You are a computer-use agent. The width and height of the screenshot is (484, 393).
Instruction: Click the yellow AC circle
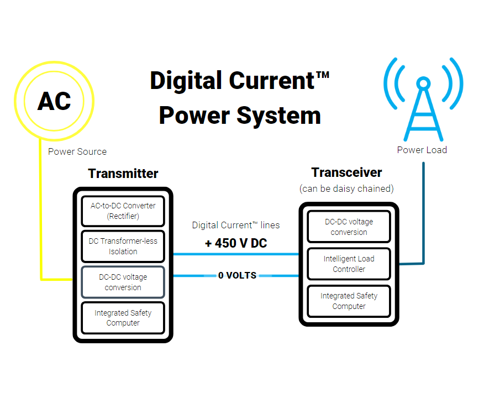tap(54, 101)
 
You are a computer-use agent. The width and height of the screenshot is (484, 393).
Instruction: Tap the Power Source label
tap(77, 151)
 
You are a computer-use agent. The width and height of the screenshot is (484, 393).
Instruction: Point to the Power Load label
tap(422, 150)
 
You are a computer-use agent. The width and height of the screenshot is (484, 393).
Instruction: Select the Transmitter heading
tap(123, 174)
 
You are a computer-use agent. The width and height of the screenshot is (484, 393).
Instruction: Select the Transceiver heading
tap(346, 172)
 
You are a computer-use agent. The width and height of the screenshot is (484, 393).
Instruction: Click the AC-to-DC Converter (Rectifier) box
tap(123, 211)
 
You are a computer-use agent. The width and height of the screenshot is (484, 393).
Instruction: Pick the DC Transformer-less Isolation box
tap(123, 246)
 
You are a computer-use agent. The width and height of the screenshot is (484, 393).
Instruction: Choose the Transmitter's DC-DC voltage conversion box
tap(123, 282)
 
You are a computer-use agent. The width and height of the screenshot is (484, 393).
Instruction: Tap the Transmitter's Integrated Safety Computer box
tap(123, 318)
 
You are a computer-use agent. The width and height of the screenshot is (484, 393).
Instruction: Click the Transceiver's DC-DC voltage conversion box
tap(349, 227)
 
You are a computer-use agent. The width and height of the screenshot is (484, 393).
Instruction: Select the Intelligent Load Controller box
tap(349, 264)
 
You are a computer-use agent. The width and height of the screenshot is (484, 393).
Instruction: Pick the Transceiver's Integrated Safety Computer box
tap(349, 301)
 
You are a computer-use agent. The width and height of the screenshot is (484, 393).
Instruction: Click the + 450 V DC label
tap(236, 243)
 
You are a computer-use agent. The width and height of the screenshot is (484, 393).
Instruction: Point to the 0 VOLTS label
tap(237, 275)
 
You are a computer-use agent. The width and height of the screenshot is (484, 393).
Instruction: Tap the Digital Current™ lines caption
tap(236, 225)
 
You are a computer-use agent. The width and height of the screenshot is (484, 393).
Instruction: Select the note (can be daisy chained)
tap(346, 188)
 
